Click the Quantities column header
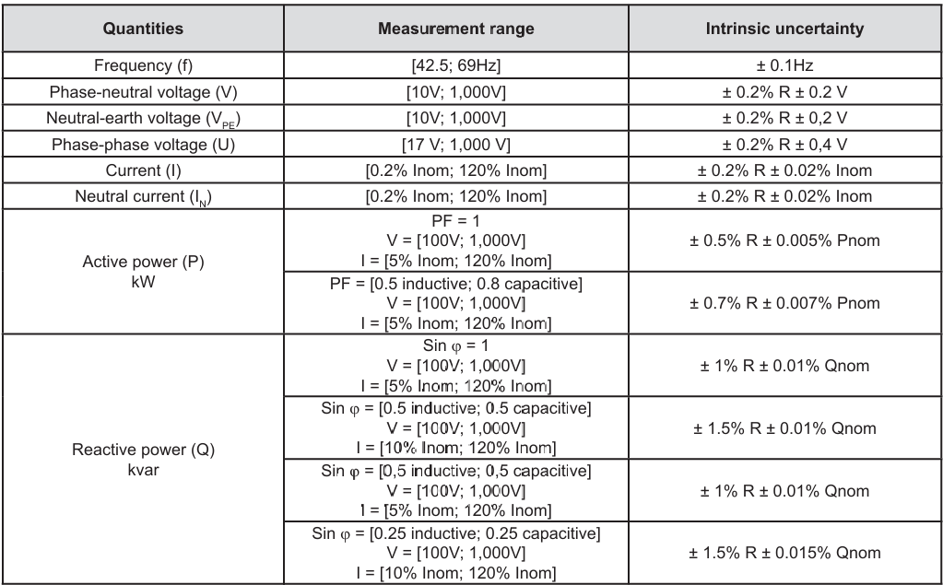(x=143, y=29)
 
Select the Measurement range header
(x=456, y=29)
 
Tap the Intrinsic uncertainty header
(x=784, y=29)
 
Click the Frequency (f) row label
(x=143, y=65)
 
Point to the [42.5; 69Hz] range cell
(x=456, y=65)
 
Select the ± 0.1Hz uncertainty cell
(x=784, y=65)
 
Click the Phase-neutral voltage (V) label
(x=143, y=92)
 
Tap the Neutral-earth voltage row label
(x=143, y=119)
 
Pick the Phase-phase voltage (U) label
(x=143, y=145)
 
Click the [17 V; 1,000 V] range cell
(x=456, y=145)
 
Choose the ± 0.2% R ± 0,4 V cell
(x=784, y=145)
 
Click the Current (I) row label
(x=143, y=170)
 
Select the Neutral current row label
(x=143, y=197)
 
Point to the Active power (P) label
(x=143, y=263)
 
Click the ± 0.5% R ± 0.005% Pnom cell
(x=784, y=240)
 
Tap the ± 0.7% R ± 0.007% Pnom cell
(x=784, y=303)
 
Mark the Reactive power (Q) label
(x=143, y=450)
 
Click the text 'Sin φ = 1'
(x=456, y=345)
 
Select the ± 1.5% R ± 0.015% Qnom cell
(x=784, y=553)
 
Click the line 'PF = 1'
(x=456, y=221)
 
